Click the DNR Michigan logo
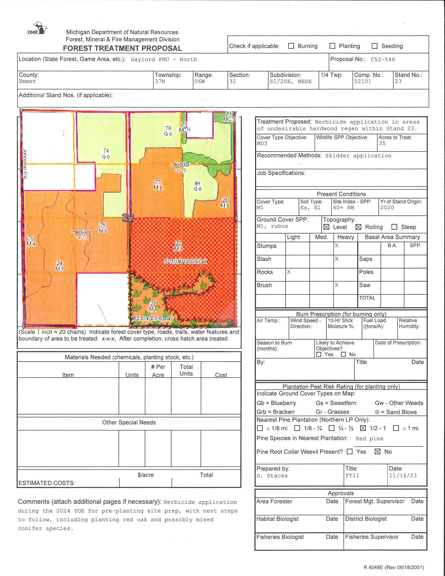tap(38, 29)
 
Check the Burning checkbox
tap(291, 46)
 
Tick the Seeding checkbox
tap(374, 46)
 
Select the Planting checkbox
tap(332, 46)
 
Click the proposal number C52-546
tap(383, 60)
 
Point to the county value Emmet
tap(27, 81)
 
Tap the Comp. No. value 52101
tap(363, 81)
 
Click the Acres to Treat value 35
tap(382, 143)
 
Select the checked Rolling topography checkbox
tap(358, 227)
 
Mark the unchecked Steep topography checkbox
tap(394, 227)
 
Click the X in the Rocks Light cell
tap(289, 272)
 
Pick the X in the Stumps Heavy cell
tap(337, 246)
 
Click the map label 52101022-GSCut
tap(185, 261)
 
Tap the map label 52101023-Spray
tap(153, 318)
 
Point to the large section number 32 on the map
tap(128, 218)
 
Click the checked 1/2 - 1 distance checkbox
tap(363, 428)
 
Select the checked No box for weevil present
tap(377, 452)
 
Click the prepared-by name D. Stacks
tap(272, 476)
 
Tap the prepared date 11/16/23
tap(403, 475)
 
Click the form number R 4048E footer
tap(394, 567)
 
